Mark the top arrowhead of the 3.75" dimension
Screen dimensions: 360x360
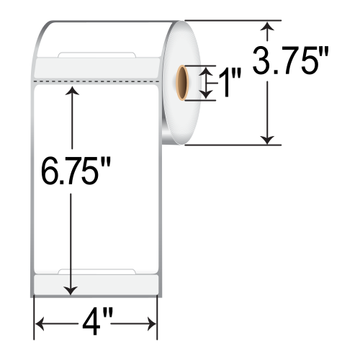point(268,27)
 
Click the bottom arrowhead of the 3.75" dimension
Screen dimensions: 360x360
point(268,139)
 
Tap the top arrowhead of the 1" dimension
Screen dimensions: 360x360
point(208,71)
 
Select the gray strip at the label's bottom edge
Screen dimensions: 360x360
point(96,283)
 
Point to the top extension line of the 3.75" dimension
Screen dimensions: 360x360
point(230,21)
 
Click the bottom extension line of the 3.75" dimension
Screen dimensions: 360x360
point(230,145)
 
